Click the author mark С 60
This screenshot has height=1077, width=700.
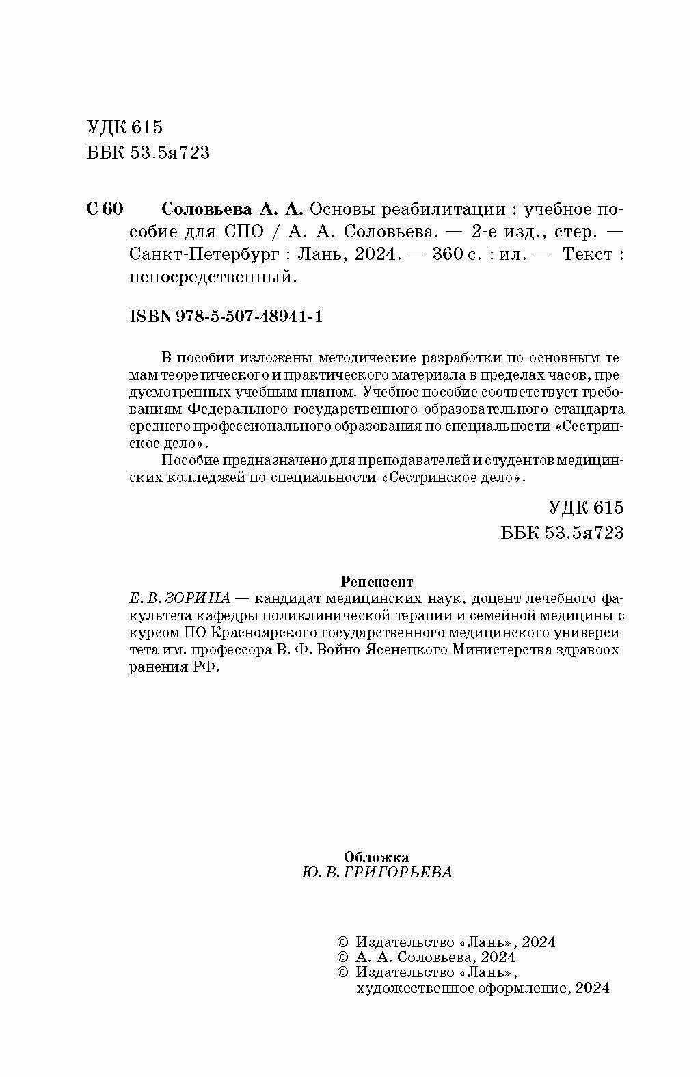point(105,208)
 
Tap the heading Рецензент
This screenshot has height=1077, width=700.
point(376,581)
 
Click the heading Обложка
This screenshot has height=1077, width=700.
point(377,856)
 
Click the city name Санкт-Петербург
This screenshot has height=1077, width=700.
point(204,254)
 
